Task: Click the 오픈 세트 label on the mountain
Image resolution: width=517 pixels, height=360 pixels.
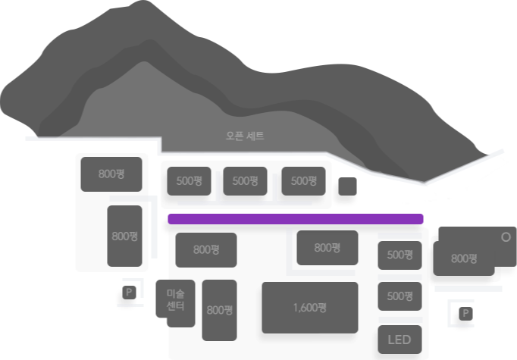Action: (x=245, y=136)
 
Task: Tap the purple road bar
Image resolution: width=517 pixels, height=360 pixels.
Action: (x=295, y=219)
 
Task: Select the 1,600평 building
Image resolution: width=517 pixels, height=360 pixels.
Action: (x=309, y=308)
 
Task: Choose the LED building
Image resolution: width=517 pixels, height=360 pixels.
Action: (x=399, y=340)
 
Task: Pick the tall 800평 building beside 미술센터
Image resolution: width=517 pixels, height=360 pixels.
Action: (x=219, y=309)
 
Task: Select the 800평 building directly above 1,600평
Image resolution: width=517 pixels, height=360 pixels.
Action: (x=327, y=248)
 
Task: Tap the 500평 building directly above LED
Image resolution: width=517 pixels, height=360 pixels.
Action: (x=399, y=296)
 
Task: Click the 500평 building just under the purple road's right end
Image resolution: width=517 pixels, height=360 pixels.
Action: (x=399, y=255)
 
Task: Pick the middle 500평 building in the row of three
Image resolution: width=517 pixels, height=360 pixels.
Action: (x=245, y=181)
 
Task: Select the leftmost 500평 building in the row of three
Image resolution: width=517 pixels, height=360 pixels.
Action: (x=189, y=181)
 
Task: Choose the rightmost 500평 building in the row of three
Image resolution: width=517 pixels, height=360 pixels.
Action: (x=303, y=181)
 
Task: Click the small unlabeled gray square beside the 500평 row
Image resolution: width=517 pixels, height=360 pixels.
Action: (x=347, y=187)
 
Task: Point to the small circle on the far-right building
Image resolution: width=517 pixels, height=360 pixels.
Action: (x=506, y=236)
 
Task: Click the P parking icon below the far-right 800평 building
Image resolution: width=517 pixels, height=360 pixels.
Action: (x=465, y=313)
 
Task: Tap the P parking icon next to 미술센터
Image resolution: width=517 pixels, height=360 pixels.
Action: (x=128, y=293)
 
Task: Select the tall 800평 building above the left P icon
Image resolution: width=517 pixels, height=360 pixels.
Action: (x=124, y=236)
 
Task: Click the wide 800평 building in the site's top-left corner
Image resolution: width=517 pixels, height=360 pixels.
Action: (x=111, y=174)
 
